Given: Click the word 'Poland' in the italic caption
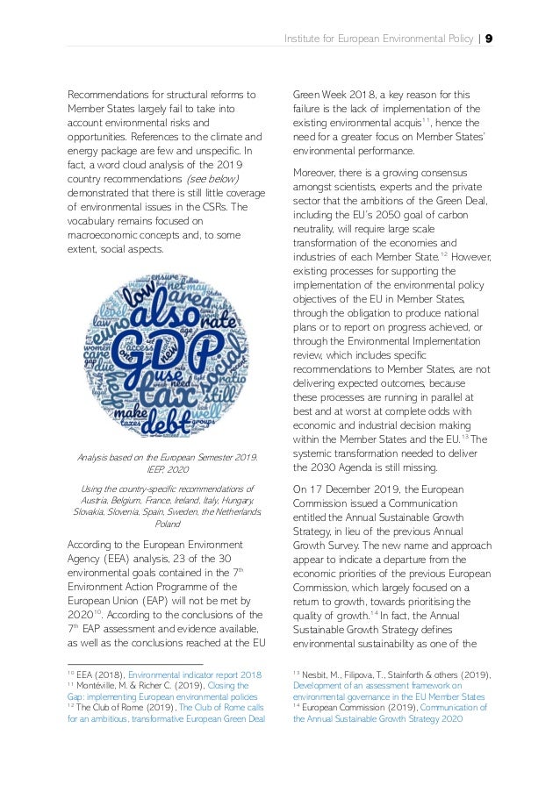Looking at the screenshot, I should point(168,524).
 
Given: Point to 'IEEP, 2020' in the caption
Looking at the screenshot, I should point(168,470).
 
